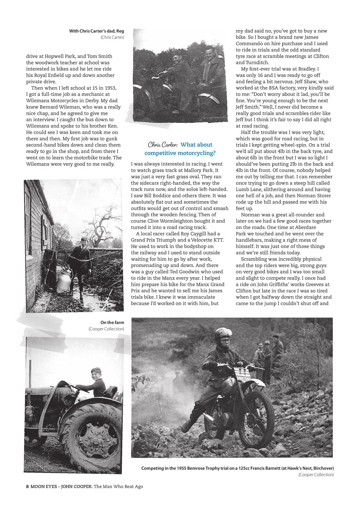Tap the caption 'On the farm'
point(112,322)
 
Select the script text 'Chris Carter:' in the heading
point(162,145)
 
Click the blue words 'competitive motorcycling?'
point(180,153)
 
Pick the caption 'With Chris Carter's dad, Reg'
point(97,31)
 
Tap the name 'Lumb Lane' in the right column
point(250,189)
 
